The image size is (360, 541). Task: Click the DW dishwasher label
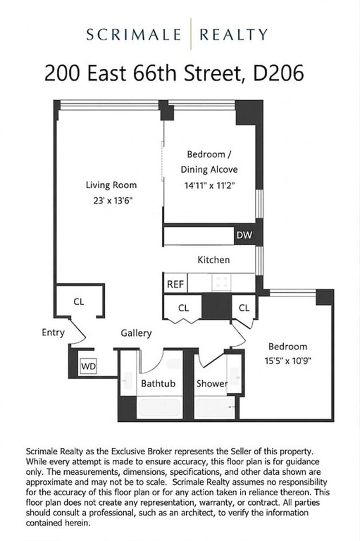pos(244,235)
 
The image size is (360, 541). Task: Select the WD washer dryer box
pos(88,366)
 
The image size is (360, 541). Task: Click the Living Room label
pos(111,185)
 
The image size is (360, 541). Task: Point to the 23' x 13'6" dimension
pos(113,200)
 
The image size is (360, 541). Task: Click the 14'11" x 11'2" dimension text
pos(210,185)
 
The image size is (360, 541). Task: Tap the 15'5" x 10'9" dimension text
pos(288,361)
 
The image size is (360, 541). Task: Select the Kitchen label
pos(214,260)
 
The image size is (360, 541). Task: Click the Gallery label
pos(136,334)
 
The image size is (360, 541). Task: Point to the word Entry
pos(53,333)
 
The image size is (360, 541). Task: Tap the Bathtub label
pos(158,383)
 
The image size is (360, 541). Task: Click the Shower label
pos(212,383)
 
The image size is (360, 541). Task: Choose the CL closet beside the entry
pos(79,302)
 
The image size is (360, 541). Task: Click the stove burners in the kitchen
pos(221,282)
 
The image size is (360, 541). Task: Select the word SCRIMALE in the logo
pos(134,34)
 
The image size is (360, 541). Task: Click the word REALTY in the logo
pos(234,34)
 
